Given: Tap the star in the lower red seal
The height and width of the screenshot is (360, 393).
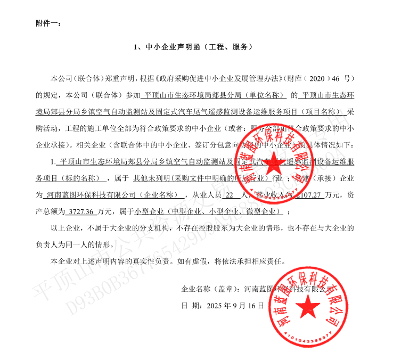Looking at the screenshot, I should point(308,306).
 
